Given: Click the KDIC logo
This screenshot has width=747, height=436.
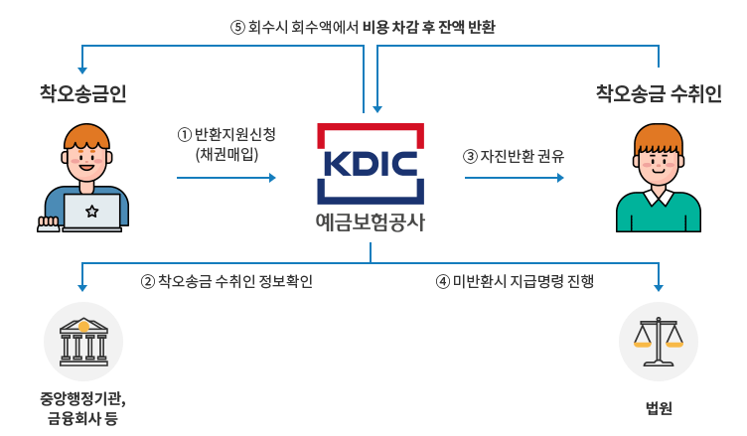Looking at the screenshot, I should coord(371,163).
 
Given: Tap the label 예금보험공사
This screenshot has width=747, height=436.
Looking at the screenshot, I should coord(371,221).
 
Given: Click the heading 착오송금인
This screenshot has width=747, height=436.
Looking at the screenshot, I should coord(82,94).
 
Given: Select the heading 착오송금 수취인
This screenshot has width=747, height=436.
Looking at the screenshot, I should coord(658,94).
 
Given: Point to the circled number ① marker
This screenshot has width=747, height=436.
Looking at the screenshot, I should coord(183,134).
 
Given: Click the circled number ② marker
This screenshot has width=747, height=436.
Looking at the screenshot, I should coord(148,281).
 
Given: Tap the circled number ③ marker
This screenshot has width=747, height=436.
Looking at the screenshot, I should coord(470,156).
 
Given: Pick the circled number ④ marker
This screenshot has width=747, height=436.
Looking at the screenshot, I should coord(443,281).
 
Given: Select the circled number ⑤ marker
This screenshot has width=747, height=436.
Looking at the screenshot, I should coord(236,28).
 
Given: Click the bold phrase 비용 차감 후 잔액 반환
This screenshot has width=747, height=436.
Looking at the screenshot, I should coord(429,28).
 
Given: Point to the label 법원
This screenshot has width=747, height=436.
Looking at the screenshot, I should coord(659,407).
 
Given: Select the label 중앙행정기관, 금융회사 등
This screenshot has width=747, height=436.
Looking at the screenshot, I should coord(82,408).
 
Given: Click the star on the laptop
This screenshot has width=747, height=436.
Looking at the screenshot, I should coord(91,211).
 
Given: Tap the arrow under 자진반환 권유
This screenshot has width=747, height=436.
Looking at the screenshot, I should coord(514,178).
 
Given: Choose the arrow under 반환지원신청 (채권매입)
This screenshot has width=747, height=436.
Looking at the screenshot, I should coord(226,178).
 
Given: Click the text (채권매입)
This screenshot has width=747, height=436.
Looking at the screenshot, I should coord(227,154).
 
